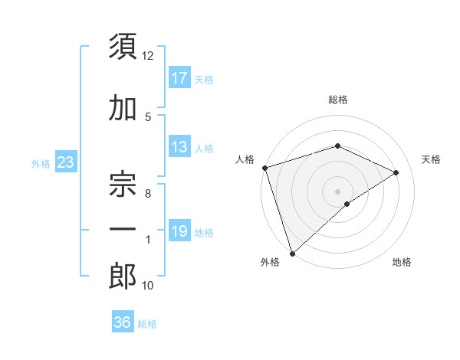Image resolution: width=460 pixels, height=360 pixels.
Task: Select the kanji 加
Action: tap(122, 109)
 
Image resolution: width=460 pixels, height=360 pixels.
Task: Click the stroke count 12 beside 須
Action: tap(148, 56)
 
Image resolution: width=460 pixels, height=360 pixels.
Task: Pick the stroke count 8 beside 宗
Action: tap(148, 194)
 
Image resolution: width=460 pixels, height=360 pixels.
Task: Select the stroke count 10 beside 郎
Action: tap(148, 286)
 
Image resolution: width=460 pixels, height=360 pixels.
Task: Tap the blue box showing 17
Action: tap(179, 78)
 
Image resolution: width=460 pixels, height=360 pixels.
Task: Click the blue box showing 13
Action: tap(179, 147)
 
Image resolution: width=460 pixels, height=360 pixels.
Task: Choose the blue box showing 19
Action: tap(179, 231)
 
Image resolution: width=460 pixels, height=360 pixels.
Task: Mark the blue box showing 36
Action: tap(122, 322)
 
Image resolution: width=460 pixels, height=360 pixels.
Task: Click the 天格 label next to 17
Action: tap(204, 79)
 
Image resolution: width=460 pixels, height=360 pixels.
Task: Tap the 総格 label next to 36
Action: tap(147, 323)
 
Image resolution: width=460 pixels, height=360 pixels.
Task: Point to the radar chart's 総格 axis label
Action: tap(337, 100)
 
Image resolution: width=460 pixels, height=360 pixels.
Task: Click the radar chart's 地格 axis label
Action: tap(402, 262)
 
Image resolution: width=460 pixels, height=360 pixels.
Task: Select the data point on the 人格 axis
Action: tap(264, 168)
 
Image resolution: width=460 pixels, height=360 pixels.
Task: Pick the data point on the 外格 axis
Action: tap(292, 253)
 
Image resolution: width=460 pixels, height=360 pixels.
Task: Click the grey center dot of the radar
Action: tap(337, 191)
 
